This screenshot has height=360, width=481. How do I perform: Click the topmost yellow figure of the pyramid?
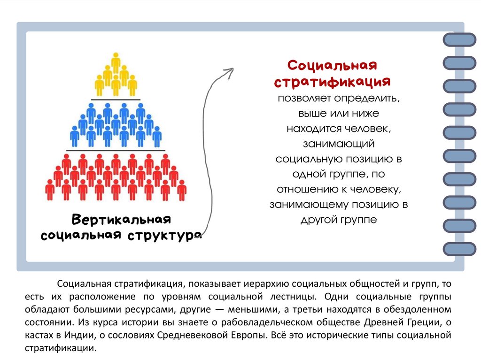point(116,62)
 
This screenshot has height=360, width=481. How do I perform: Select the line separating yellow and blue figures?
point(116,100)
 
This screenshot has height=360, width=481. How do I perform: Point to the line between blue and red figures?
point(116,150)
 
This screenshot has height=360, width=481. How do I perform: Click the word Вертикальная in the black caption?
point(121,220)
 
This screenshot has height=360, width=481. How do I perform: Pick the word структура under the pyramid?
point(164,235)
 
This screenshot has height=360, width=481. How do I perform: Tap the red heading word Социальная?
point(333,64)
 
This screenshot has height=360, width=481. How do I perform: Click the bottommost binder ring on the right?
point(459,248)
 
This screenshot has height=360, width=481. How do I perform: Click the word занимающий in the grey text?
point(338,144)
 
